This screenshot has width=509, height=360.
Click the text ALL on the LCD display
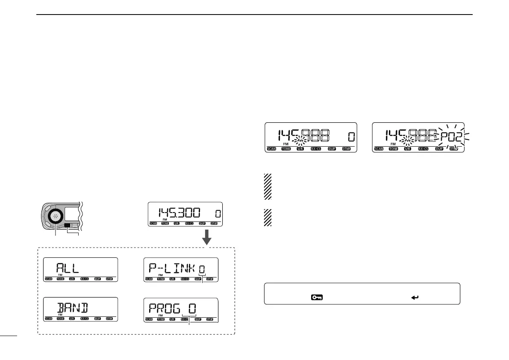coord(68,269)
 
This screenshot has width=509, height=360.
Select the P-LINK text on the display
coord(172,269)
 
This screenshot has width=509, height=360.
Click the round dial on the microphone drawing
coord(56,216)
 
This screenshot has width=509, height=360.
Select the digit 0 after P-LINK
coord(202,269)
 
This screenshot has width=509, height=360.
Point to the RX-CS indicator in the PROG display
coord(185,319)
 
